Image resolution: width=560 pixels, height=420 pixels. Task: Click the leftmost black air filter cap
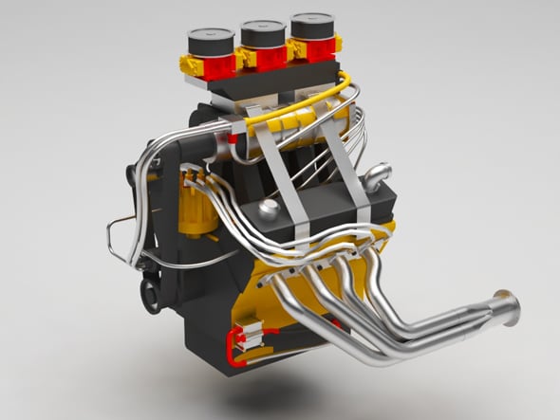click(210, 41)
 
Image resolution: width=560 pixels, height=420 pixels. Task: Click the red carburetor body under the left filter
click(220, 65)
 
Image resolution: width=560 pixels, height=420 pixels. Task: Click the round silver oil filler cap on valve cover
click(270, 210)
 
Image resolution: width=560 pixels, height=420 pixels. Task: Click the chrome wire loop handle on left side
click(121, 235)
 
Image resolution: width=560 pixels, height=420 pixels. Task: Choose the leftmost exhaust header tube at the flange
click(277, 283)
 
